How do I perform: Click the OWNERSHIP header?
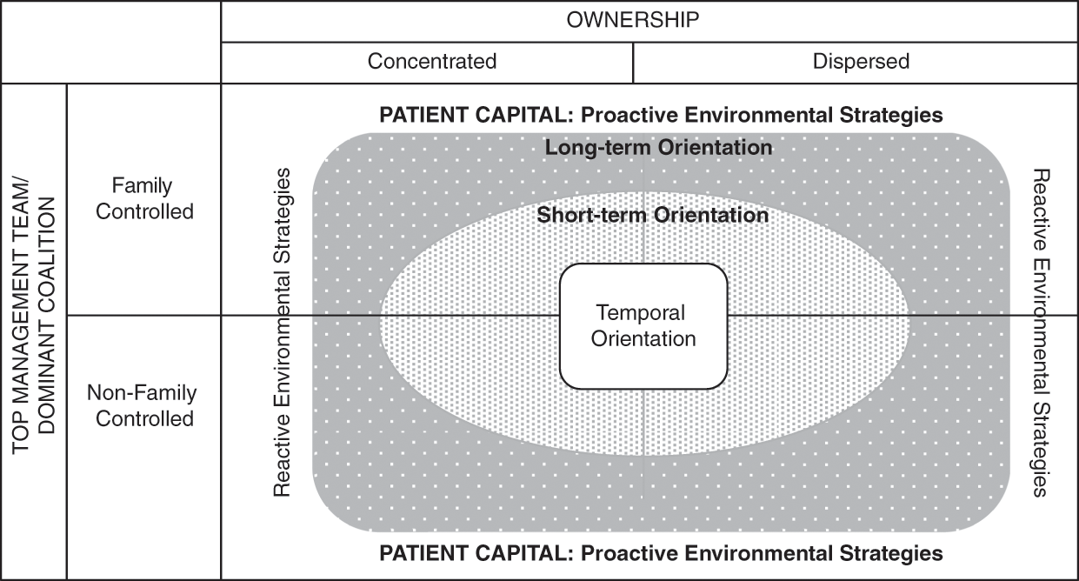[632, 20]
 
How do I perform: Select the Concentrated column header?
[432, 61]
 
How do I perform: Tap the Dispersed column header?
[861, 61]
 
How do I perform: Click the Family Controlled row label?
[144, 198]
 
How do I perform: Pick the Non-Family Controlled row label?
[142, 405]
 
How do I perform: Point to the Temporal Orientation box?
[643, 326]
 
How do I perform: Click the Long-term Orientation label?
[658, 147]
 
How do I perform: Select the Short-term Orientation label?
[653, 215]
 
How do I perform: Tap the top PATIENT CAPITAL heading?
[661, 115]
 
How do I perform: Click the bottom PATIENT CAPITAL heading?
[661, 553]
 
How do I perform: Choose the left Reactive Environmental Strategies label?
[282, 332]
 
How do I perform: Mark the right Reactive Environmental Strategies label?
[1041, 332]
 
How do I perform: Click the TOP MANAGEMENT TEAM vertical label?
[20, 317]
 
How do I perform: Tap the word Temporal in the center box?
[641, 312]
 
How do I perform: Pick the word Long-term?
[598, 147]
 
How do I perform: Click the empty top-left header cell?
[110, 42]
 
